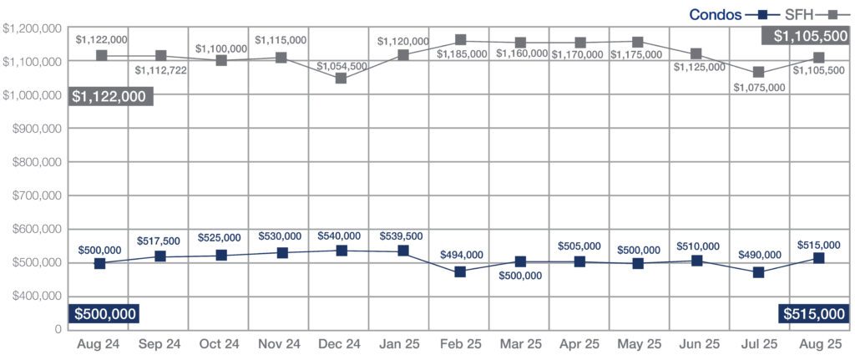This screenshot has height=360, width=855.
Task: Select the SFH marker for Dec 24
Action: (341, 79)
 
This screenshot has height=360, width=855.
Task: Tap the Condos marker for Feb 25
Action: (461, 272)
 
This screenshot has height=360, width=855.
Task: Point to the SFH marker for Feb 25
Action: (461, 40)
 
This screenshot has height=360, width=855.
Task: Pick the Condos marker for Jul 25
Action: (759, 272)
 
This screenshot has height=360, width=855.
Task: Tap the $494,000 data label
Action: (461, 255)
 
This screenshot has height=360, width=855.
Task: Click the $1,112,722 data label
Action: (159, 69)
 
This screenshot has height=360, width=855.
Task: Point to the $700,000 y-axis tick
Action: (34, 195)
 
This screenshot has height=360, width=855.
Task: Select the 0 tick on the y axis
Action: (58, 329)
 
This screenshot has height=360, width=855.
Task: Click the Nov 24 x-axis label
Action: (279, 344)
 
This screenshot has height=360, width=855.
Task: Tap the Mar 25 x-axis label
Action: (520, 344)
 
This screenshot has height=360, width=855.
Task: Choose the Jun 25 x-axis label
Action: (699, 344)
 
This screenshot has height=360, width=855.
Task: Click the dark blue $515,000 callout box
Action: (812, 313)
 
